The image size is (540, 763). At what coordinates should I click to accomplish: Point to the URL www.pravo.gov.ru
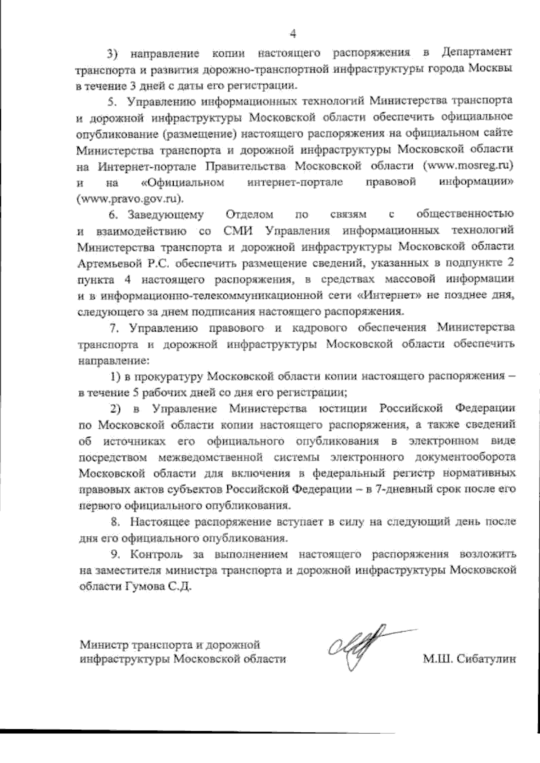[x=130, y=198]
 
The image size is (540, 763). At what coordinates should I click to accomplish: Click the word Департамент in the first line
[x=477, y=52]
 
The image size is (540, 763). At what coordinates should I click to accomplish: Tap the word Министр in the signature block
[x=103, y=644]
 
